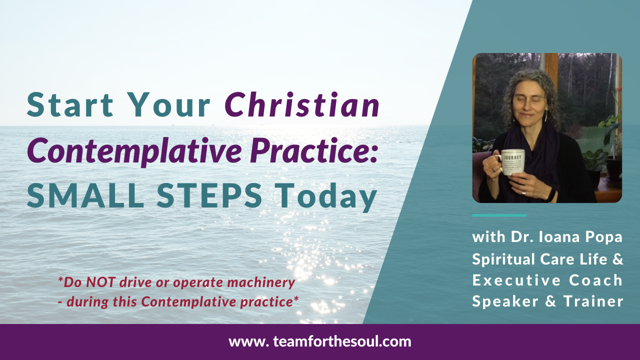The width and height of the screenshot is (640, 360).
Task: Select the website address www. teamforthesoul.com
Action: coord(320,342)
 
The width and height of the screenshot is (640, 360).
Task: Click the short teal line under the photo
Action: coord(499,215)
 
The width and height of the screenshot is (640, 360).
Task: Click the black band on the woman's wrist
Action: coord(550,194)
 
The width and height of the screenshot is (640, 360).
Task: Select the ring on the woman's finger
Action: coord(524,192)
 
